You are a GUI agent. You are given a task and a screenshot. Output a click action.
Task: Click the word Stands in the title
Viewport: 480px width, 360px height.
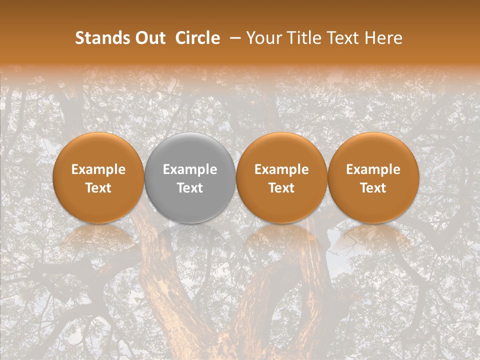(101, 38)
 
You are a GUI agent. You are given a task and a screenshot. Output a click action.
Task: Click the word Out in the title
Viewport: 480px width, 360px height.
(149, 38)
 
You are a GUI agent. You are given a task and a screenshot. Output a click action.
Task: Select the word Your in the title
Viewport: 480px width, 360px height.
(263, 38)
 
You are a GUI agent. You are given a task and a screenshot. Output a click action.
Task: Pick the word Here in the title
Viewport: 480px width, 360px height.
(384, 38)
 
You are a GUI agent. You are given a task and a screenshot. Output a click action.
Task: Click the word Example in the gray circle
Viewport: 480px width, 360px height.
(190, 169)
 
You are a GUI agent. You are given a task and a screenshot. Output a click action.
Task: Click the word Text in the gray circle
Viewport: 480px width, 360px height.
(190, 188)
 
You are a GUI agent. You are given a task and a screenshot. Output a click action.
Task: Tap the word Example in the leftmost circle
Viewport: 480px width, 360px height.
(98, 169)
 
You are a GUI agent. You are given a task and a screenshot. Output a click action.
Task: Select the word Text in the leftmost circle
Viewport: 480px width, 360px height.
(98, 188)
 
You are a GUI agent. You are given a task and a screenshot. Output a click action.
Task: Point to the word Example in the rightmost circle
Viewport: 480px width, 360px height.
(373, 169)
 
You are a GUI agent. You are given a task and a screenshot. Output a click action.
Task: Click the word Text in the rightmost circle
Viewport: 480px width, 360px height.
(373, 188)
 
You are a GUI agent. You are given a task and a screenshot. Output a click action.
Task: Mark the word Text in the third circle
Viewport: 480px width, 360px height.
(281, 188)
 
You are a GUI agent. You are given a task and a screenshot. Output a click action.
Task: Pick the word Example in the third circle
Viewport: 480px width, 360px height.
(281, 169)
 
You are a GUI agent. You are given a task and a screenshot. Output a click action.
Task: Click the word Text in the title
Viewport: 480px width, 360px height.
(344, 38)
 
